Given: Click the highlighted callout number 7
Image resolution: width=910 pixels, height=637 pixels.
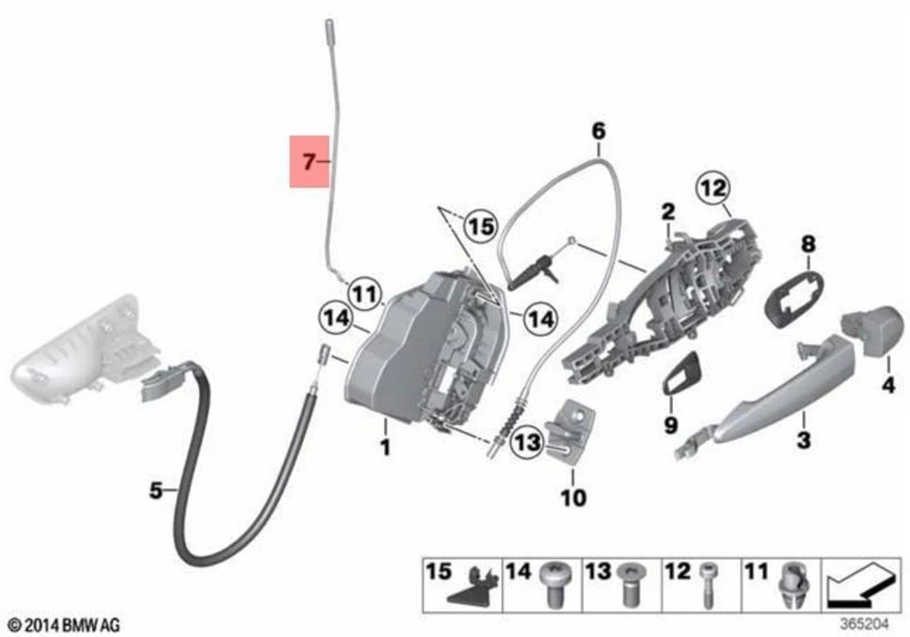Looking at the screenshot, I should click(308, 162).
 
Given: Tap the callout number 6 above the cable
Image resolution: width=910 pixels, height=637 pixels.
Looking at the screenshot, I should click(598, 129).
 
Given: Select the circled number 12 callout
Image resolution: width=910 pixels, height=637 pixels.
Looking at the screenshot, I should click(713, 188).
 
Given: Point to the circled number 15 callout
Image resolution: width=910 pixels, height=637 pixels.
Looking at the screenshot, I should click(482, 227).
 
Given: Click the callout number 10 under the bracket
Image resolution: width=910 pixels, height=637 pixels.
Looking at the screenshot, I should click(573, 497).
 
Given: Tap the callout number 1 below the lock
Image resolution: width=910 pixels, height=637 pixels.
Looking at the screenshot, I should click(386, 446).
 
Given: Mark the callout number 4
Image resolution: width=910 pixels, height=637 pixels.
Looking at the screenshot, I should click(888, 387).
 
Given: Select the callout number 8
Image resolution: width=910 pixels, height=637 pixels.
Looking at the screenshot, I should click(809, 245).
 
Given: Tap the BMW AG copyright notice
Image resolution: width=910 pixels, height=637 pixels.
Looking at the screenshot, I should click(64, 624).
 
